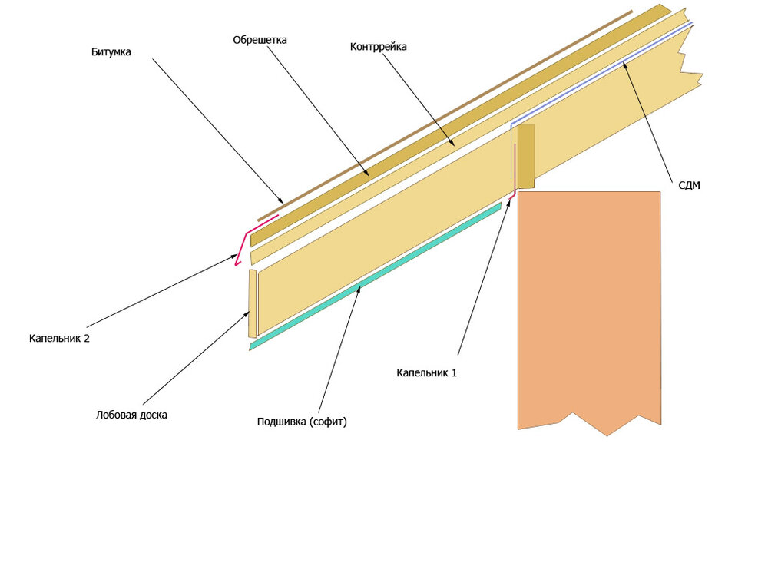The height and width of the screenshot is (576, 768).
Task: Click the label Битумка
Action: pyautogui.click(x=111, y=52)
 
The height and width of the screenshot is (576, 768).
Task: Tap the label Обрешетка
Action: pyautogui.click(x=260, y=40)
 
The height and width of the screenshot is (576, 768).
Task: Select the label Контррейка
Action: pyautogui.click(x=378, y=47)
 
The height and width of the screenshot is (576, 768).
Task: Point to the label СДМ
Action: pyautogui.click(x=689, y=185)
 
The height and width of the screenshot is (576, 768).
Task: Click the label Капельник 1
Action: pyautogui.click(x=426, y=372)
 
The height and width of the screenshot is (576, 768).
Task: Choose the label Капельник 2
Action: pyautogui.click(x=59, y=339)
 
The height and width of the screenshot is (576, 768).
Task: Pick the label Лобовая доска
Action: pyautogui.click(x=131, y=415)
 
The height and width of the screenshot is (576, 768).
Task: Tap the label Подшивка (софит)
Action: pyautogui.click(x=302, y=422)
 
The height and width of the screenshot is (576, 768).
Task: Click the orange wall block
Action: pyautogui.click(x=589, y=309)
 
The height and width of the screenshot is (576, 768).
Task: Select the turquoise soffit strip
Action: pyautogui.click(x=376, y=276)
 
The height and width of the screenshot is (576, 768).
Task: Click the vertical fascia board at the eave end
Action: pyautogui.click(x=252, y=303)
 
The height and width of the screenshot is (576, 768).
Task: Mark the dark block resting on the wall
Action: pyautogui.click(x=526, y=157)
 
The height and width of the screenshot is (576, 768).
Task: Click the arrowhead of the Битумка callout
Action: pyautogui.click(x=280, y=200)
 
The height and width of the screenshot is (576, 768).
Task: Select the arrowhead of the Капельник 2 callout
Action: pyautogui.click(x=234, y=257)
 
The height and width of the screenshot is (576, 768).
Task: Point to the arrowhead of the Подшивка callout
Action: pyautogui.click(x=359, y=289)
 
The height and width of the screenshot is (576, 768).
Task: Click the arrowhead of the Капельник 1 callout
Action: pyautogui.click(x=508, y=203)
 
